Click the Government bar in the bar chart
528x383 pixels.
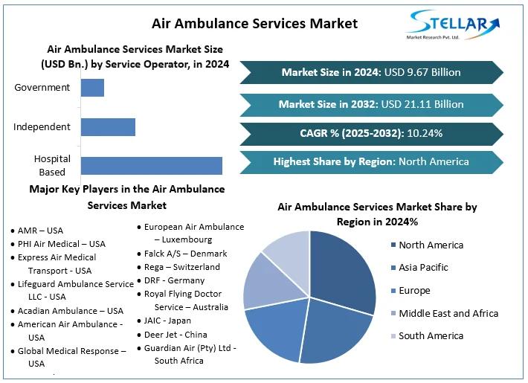(x=92, y=87)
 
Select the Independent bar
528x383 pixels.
(x=108, y=126)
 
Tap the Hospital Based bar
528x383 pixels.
(x=151, y=166)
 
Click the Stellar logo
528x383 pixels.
(x=453, y=25)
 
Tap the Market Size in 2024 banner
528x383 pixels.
(x=370, y=72)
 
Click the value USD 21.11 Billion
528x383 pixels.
(x=422, y=104)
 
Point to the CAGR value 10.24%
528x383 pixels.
(x=425, y=133)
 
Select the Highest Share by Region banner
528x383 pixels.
(x=370, y=161)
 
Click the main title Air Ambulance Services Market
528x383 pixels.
(x=254, y=23)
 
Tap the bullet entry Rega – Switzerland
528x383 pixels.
(x=181, y=266)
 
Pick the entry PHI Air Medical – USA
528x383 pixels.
(x=61, y=244)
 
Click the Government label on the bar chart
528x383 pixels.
(x=42, y=87)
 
